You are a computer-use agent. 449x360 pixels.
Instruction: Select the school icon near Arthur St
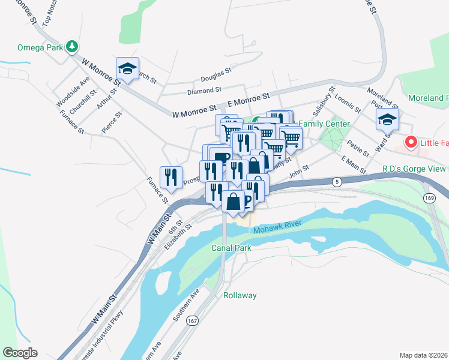(127, 68)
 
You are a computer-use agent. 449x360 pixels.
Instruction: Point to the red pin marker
(411, 142)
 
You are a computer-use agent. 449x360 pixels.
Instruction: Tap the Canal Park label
(231, 247)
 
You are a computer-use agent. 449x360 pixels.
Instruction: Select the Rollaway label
(240, 295)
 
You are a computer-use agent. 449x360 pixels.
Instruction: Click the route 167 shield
(192, 321)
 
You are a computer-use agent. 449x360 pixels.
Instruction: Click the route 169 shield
(429, 197)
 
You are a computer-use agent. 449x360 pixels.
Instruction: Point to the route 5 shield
(337, 181)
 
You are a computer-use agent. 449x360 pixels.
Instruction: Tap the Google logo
(20, 352)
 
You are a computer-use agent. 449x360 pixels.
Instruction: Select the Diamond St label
(204, 91)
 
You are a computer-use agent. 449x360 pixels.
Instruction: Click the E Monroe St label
(249, 100)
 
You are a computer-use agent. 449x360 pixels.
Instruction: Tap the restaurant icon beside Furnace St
(172, 176)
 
